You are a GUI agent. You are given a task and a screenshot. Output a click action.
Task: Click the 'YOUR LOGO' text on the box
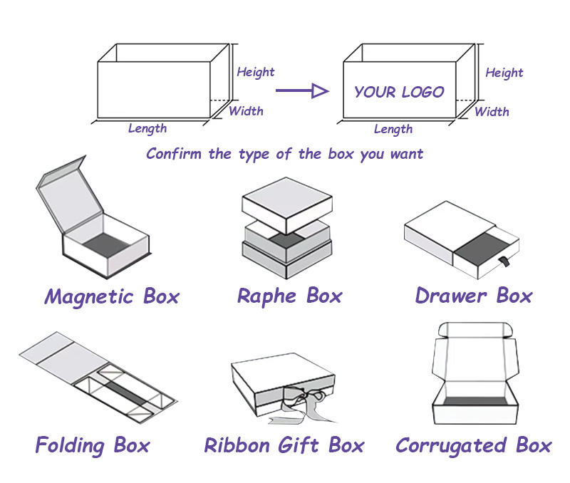point(399,92)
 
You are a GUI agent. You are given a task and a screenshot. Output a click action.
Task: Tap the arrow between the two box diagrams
point(301,90)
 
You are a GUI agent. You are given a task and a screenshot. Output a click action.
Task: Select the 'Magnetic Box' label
point(112,296)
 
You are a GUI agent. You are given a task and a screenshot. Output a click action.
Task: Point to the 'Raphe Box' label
point(289,296)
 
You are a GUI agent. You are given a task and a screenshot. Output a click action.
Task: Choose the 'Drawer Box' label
point(474,295)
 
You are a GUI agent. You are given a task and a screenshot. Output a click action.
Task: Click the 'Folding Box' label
point(93,446)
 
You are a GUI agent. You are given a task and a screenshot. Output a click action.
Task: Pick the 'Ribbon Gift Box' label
point(284,446)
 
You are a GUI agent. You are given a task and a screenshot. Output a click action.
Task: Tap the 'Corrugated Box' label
point(473,446)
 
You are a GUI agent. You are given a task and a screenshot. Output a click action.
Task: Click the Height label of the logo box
point(504,73)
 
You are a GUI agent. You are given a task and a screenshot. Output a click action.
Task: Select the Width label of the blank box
point(246,110)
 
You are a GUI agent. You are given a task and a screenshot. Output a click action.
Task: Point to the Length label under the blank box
point(147,128)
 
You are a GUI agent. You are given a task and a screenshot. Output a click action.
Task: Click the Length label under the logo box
point(393,129)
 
